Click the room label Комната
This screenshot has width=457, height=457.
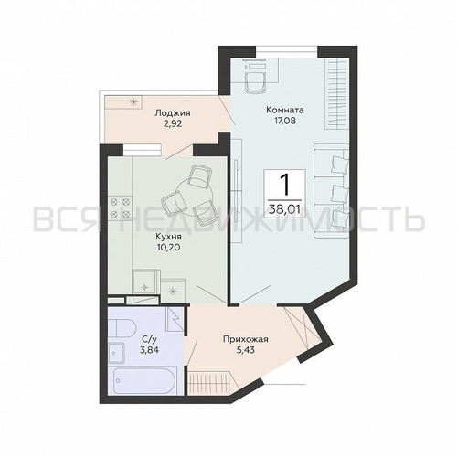(285, 110)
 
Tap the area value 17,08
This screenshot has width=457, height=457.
(285, 121)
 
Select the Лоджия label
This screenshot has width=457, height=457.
(173, 113)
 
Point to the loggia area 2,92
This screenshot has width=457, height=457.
(173, 124)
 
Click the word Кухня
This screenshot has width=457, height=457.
(168, 237)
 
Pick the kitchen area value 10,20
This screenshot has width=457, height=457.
(168, 248)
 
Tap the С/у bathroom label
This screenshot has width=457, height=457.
(149, 339)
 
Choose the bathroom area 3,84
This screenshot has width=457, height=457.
(149, 350)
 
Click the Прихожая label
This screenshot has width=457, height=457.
(245, 339)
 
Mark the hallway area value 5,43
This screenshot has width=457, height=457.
(245, 350)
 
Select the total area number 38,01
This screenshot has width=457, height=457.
(284, 209)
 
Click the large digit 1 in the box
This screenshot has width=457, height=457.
(285, 186)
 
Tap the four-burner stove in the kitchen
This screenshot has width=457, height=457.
(120, 207)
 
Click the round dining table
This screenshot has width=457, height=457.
(187, 197)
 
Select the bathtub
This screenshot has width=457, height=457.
(143, 380)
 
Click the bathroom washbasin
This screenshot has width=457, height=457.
(116, 353)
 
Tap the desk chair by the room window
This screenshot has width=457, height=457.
(255, 81)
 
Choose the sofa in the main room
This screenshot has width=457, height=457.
(331, 191)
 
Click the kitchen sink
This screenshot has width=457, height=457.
(145, 282)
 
